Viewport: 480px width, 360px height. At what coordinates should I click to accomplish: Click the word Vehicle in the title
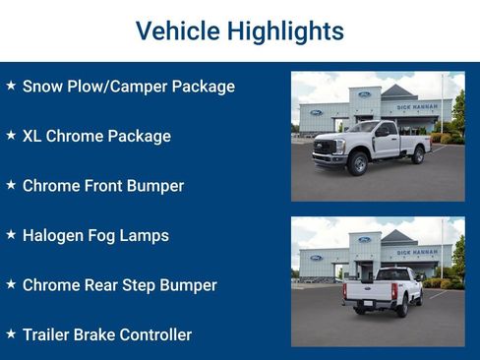coord(177,30)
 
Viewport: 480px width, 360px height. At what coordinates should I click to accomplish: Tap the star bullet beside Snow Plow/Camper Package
coord(11,86)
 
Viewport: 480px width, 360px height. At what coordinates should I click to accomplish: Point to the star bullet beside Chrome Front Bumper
coord(11,185)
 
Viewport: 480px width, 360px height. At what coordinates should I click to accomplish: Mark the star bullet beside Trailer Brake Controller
coord(11,334)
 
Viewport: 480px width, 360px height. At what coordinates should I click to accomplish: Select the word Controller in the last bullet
coord(154,335)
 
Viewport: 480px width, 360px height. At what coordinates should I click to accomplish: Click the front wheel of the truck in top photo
coord(358,163)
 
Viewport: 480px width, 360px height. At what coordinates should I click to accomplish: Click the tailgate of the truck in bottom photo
coord(372,291)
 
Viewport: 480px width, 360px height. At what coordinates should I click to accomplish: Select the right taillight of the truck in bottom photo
coord(393,291)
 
